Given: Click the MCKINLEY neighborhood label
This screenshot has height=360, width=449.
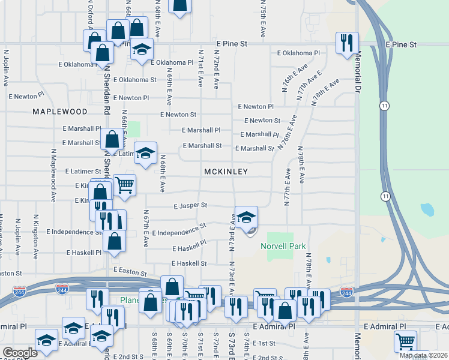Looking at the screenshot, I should tap(226, 172).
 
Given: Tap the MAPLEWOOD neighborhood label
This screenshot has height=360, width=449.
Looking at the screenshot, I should tap(59, 112).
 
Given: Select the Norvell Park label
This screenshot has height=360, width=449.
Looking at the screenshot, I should tap(283, 246).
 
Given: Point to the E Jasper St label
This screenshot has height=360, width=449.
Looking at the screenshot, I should tap(190, 205).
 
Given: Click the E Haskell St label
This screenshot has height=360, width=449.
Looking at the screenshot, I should tap(189, 263).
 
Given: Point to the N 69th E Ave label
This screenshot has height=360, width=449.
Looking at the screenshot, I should tap(170, 91).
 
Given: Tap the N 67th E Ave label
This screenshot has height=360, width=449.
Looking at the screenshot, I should tap(145, 228).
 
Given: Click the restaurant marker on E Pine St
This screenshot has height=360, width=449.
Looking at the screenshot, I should tap(346, 43).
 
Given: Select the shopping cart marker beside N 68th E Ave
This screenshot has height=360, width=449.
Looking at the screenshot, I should tap(124, 185).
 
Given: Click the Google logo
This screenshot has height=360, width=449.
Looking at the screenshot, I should tap(20, 353).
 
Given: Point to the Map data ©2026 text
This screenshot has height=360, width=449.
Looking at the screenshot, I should tap(423, 355).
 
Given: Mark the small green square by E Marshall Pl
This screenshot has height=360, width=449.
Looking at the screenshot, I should tap(134, 129).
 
